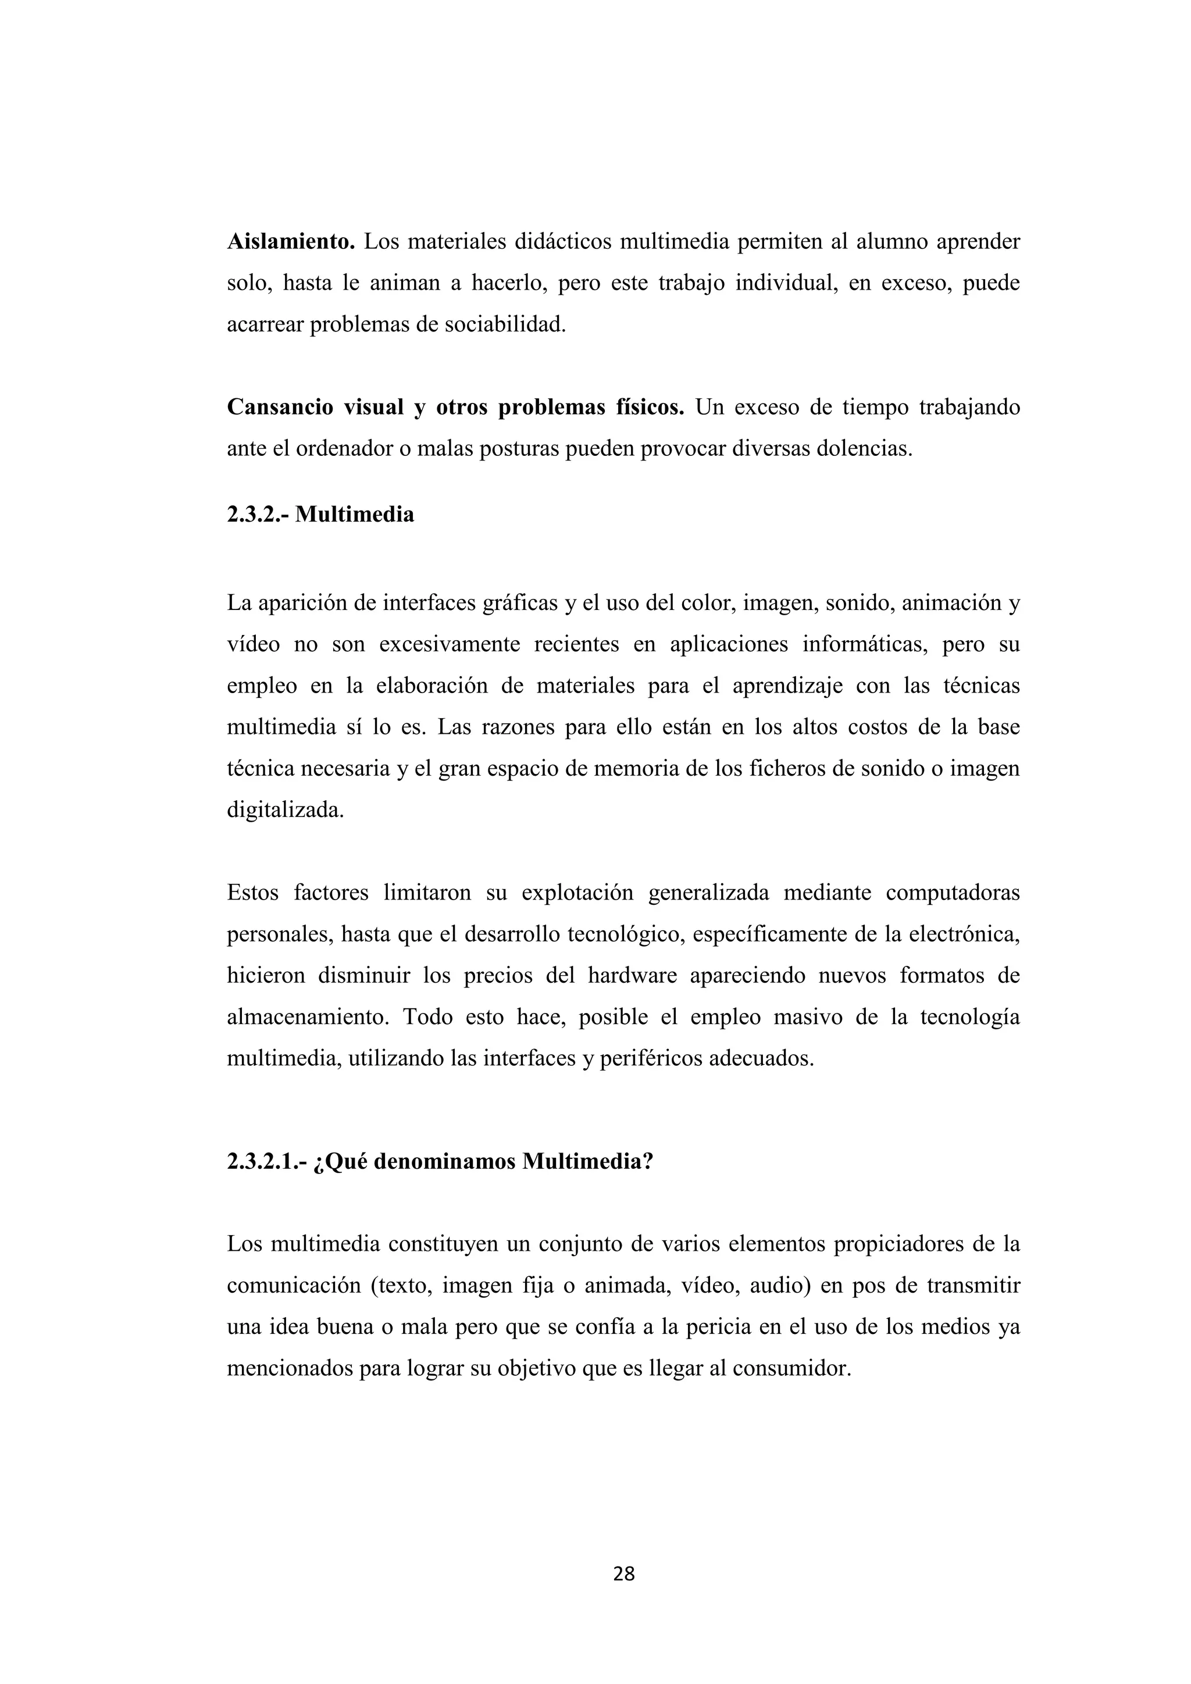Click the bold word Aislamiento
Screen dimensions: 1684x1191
point(290,242)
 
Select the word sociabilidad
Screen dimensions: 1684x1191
point(505,325)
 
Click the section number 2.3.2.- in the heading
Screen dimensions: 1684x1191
point(258,515)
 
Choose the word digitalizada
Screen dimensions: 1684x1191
point(286,811)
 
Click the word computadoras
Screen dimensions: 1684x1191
point(952,893)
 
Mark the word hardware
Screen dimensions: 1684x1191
point(633,976)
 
